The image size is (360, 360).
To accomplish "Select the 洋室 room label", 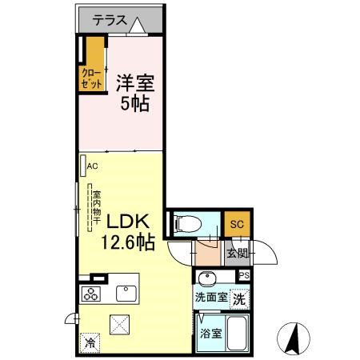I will (134, 83).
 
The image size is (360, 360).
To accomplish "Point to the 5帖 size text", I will (134, 104).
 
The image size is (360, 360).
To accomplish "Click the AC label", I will (92, 166).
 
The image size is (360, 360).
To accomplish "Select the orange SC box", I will (235, 224).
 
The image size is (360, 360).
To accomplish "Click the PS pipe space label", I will (243, 275).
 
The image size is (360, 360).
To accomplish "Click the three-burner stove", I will (90, 294).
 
